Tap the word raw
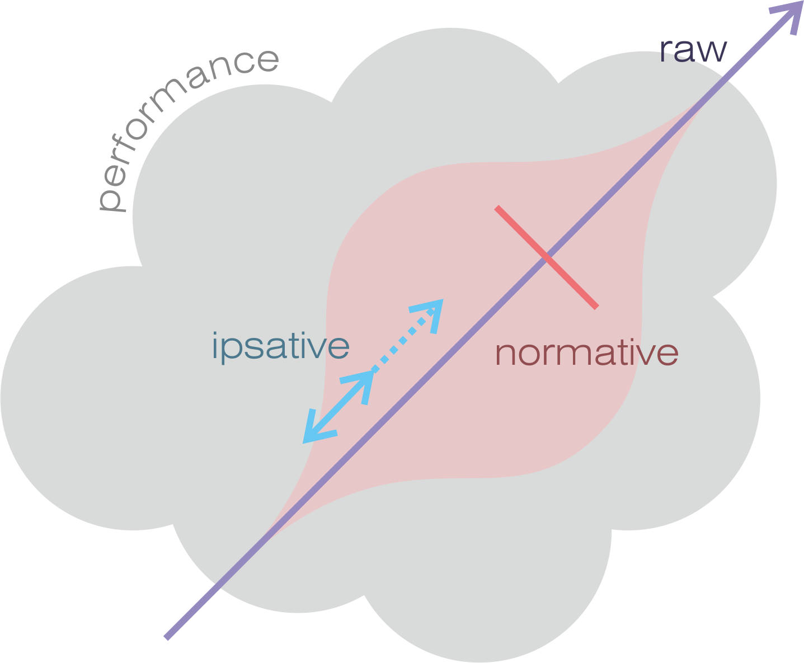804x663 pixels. click(693, 50)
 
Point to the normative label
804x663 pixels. click(587, 353)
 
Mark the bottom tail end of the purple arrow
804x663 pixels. click(167, 637)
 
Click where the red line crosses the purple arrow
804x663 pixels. click(547, 257)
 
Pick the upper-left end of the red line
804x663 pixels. click(497, 209)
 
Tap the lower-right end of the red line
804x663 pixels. click(596, 306)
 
